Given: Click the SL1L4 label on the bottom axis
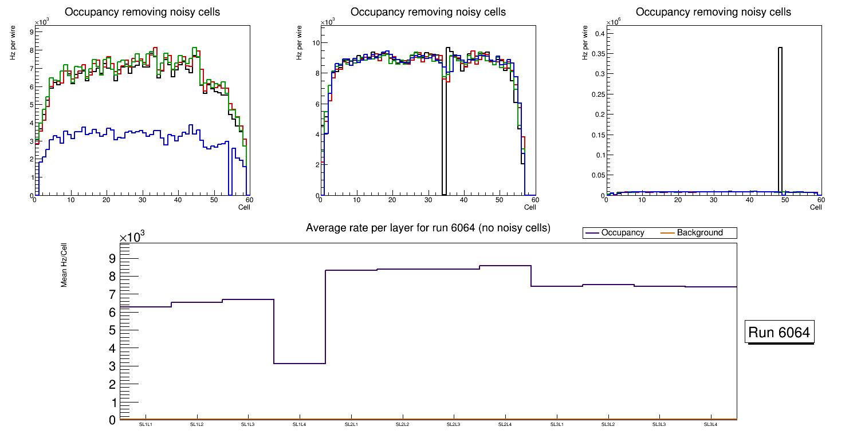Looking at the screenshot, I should (x=299, y=424).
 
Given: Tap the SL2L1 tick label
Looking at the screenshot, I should (x=351, y=424).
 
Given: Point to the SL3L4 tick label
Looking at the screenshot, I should (x=710, y=424).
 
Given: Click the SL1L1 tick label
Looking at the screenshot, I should (x=146, y=424).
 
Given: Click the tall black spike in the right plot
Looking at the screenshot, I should (x=780, y=115).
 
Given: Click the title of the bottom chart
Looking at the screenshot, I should (x=428, y=228).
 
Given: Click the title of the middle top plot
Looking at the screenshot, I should (x=428, y=12).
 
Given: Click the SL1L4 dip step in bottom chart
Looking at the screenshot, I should (x=299, y=363).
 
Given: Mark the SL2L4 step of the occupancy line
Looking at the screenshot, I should (x=505, y=266).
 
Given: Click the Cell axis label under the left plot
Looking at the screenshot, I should (x=244, y=207).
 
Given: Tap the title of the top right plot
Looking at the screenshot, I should (x=713, y=12).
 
